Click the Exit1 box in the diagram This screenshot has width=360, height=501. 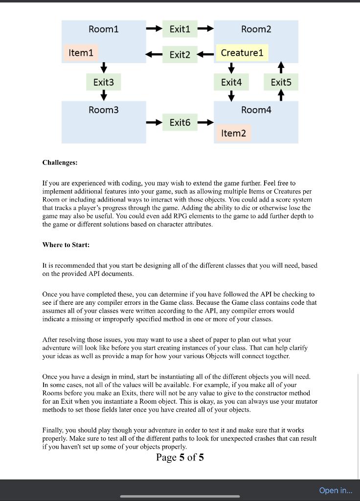(180, 29)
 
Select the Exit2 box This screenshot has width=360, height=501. (180, 54)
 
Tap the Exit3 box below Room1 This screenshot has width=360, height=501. (104, 82)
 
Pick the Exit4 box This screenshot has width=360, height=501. (231, 82)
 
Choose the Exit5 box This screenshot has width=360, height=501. (281, 82)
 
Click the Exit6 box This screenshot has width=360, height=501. (180, 122)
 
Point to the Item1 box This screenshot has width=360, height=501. (81, 52)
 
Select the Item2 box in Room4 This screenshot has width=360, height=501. (233, 133)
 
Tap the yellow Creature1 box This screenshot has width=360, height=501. (242, 52)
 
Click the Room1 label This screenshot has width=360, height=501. (104, 29)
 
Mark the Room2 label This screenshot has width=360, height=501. (256, 29)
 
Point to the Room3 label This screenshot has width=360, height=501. (104, 110)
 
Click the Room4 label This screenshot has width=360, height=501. (256, 110)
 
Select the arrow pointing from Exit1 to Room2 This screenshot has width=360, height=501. (205, 29)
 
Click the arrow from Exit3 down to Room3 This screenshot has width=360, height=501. (104, 96)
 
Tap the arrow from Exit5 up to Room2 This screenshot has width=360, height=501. (281, 67)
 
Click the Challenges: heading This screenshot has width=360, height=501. (60, 162)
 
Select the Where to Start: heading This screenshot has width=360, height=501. (66, 245)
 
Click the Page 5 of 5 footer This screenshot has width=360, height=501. (180, 457)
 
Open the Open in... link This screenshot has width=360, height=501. (336, 490)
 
